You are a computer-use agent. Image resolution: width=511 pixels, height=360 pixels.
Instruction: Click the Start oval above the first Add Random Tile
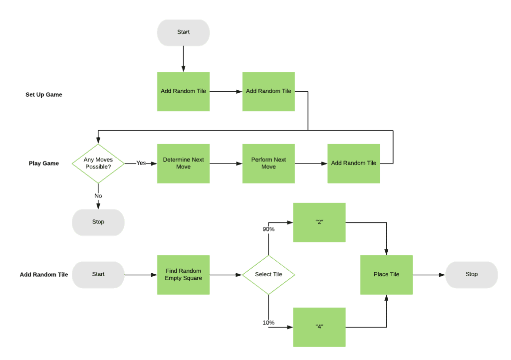coord(183,32)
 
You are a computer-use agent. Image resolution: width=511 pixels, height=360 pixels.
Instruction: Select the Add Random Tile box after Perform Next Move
coord(353,163)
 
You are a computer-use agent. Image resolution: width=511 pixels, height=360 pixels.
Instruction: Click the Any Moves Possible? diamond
coord(98,163)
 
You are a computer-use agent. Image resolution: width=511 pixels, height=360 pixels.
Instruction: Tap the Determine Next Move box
coord(183,163)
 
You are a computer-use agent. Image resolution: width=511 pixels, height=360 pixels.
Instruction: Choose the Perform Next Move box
coord(268,163)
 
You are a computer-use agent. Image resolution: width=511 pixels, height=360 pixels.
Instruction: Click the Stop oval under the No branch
coord(98,222)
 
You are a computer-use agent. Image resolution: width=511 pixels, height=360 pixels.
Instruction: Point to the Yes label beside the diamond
coord(141,163)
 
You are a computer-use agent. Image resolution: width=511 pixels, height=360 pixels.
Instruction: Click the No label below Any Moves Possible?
coord(98,196)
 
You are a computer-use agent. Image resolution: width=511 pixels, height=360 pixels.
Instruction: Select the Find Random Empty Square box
coord(183,274)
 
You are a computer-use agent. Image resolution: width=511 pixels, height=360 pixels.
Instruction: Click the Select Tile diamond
coord(268,274)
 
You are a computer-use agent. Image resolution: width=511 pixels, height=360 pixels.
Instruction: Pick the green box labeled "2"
coord(319,222)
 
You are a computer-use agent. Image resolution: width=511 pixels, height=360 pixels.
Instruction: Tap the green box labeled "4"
coord(319,327)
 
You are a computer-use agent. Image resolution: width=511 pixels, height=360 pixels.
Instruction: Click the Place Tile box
coord(386,274)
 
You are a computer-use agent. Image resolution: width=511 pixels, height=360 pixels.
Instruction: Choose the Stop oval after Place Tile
coord(471,274)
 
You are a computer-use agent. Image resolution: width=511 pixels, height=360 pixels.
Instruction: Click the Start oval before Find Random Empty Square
coord(98,274)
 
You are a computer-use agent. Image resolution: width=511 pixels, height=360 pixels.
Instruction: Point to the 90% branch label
coord(268,229)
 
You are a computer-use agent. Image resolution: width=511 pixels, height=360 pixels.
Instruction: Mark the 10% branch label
coord(268,323)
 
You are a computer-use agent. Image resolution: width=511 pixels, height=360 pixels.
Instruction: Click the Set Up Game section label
coord(44,95)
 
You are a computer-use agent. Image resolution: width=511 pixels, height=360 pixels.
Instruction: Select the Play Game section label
coord(44,164)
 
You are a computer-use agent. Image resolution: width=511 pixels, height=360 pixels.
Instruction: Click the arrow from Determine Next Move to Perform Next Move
coord(226,163)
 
